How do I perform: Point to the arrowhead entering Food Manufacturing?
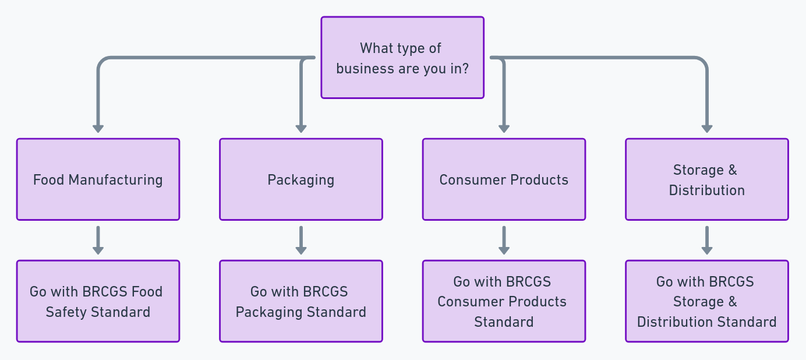tap(98, 129)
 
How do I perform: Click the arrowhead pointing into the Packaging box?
tap(301, 129)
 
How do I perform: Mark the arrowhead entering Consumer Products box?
tap(504, 129)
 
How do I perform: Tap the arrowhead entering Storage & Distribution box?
tap(707, 129)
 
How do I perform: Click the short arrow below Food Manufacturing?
tap(98, 240)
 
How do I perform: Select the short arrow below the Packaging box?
tap(301, 240)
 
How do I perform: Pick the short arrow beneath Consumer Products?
tap(504, 240)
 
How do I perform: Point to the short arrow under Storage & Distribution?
tap(707, 240)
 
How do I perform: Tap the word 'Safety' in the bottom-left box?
tap(65, 312)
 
